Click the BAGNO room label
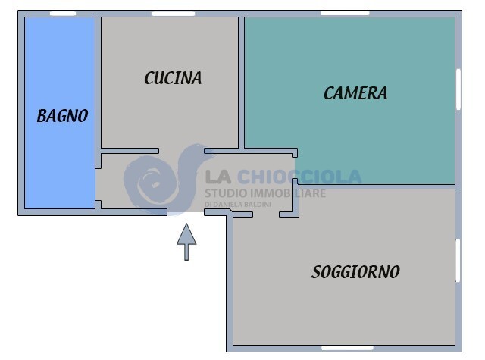pyautogui.click(x=62, y=116)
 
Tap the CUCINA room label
pyautogui.click(x=173, y=77)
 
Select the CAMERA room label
pyautogui.click(x=355, y=93)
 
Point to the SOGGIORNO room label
pyautogui.click(x=355, y=272)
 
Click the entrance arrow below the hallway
pyautogui.click(x=186, y=242)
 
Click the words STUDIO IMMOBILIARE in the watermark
pyautogui.click(x=265, y=194)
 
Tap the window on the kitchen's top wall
pyautogui.click(x=173, y=14)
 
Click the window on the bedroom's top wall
pyautogui.click(x=345, y=13)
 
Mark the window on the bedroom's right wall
pyautogui.click(x=458, y=89)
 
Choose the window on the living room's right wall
pyautogui.click(x=458, y=261)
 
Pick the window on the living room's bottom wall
pyautogui.click(x=345, y=348)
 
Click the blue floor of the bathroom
pyautogui.click(x=59, y=167)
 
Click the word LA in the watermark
pyautogui.click(x=219, y=177)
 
